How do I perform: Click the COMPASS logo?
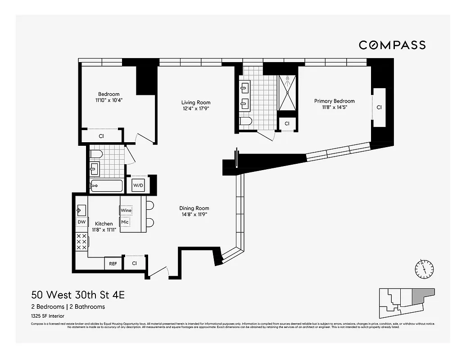click(x=392, y=45)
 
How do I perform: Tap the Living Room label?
click(x=196, y=103)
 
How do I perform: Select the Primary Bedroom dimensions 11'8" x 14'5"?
click(x=334, y=107)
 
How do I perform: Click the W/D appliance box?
click(x=138, y=184)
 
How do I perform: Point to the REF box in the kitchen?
click(x=113, y=264)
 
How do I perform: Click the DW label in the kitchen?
click(x=81, y=222)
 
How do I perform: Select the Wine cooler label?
click(x=126, y=210)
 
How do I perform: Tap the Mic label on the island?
click(x=125, y=222)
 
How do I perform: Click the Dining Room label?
click(x=194, y=208)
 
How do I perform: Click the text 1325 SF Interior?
click(x=48, y=316)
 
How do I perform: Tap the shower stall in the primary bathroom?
click(x=287, y=93)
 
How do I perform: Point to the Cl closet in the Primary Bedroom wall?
click(x=379, y=108)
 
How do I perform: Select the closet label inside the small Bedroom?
click(x=101, y=135)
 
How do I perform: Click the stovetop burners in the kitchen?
click(x=82, y=242)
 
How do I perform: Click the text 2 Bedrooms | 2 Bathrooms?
click(x=68, y=307)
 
